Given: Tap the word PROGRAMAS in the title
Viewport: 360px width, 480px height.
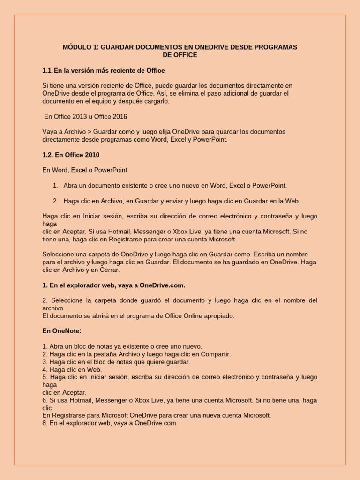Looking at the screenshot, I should tap(274, 47).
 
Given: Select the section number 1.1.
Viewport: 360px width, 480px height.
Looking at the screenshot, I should tap(47, 70).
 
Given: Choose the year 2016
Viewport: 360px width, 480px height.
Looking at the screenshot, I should tap(118, 116).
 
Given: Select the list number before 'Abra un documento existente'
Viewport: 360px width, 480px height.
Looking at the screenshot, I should tap(55, 185).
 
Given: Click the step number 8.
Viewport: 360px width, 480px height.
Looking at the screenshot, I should tap(45, 423).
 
